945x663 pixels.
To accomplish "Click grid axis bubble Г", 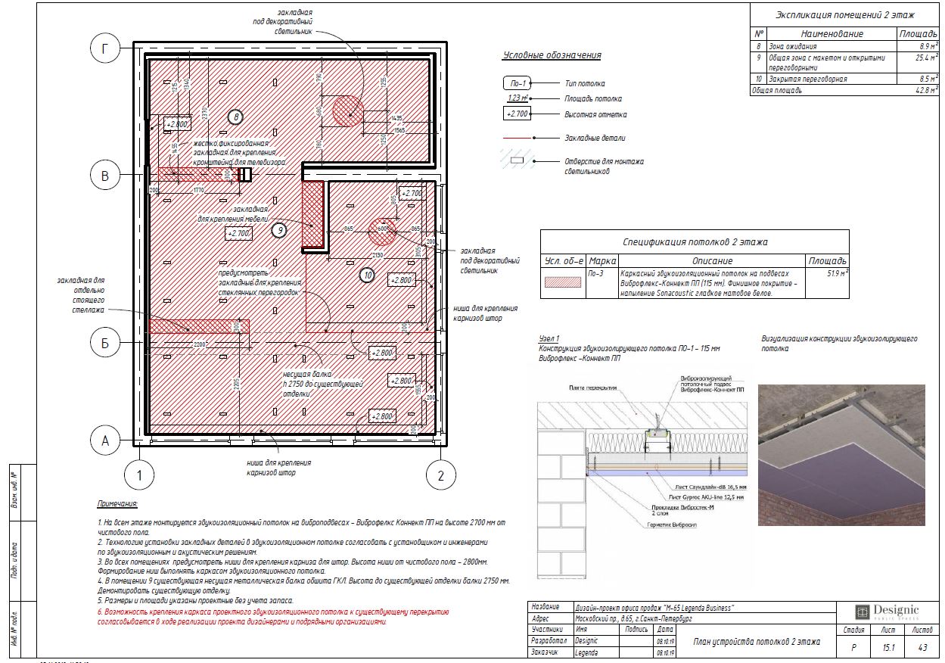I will [106, 49].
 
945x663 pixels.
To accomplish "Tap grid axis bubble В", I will [106, 176].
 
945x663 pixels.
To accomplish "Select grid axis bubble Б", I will [106, 344].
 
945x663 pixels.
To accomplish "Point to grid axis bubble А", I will [106, 439].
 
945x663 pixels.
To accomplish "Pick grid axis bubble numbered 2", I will [440, 475].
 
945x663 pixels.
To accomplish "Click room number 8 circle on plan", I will [235, 117].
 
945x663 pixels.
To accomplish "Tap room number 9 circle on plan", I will [279, 230].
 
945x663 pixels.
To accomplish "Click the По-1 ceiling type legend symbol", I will [518, 83].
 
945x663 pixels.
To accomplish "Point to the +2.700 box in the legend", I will [518, 114].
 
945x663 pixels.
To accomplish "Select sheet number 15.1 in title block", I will [888, 648].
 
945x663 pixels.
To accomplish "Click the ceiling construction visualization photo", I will [841, 455].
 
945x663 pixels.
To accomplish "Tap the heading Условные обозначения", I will [552, 55].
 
